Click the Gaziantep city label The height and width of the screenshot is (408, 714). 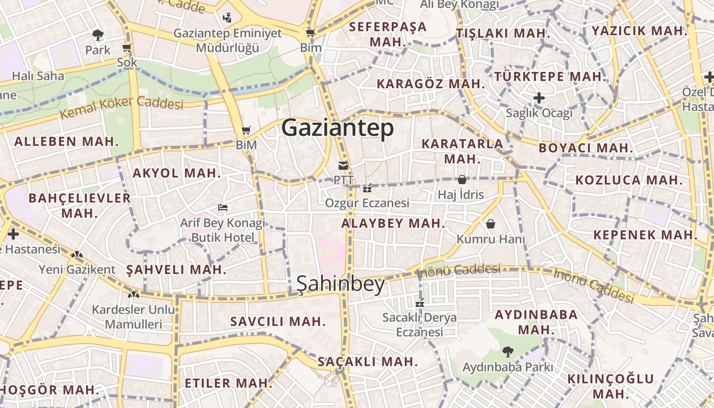click(x=338, y=127)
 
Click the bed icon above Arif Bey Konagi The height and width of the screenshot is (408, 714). click(x=223, y=208)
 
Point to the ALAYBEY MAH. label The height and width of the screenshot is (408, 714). click(x=393, y=223)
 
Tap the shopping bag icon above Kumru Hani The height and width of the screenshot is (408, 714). click(x=491, y=224)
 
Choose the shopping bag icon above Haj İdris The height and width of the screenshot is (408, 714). click(x=462, y=180)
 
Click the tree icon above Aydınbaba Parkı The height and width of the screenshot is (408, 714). click(x=507, y=351)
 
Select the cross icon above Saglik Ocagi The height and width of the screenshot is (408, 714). click(x=539, y=97)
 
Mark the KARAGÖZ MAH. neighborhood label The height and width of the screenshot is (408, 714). click(x=430, y=84)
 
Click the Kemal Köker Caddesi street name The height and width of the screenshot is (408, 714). click(x=121, y=107)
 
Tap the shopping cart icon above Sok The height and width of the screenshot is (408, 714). click(x=127, y=48)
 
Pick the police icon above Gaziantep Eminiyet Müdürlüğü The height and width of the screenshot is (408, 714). click(x=227, y=18)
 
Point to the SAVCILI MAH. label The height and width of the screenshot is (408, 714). click(x=278, y=321)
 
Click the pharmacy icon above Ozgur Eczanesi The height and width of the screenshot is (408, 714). click(x=367, y=188)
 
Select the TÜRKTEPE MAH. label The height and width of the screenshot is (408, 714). click(x=550, y=77)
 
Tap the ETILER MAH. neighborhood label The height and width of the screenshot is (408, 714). click(x=228, y=383)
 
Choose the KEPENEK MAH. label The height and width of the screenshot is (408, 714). click(x=645, y=235)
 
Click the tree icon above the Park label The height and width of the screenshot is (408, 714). click(x=98, y=35)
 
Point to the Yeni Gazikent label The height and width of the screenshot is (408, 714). click(x=78, y=269)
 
